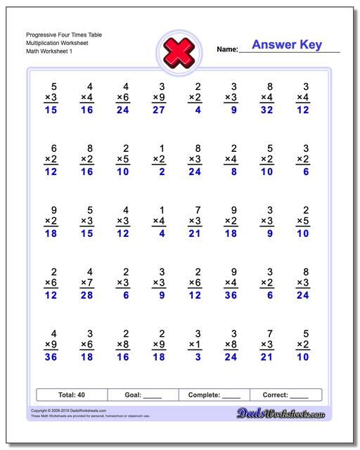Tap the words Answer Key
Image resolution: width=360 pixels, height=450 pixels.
click(287, 45)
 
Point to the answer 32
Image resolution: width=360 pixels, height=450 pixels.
click(266, 110)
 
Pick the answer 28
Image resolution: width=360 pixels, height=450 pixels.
click(87, 296)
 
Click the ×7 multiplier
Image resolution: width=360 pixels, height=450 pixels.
click(87, 283)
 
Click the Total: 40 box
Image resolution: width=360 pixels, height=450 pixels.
click(72, 395)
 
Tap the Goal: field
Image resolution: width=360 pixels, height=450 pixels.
click(143, 395)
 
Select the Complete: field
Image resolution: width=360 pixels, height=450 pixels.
click(214, 395)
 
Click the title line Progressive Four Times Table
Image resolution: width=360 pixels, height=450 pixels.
click(63, 34)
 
